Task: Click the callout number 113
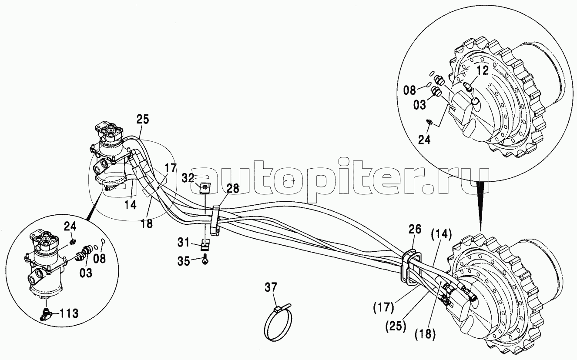[x=69, y=313]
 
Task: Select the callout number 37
[x=271, y=287]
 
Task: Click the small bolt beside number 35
[x=205, y=259]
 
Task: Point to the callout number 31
[x=183, y=243]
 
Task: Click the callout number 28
[x=233, y=189]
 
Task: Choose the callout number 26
[x=415, y=229]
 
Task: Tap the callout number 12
[x=482, y=70]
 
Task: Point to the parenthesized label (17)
[x=383, y=308]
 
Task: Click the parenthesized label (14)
[x=442, y=234]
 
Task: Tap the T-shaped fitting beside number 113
[x=47, y=313]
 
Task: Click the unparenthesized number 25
[x=143, y=119]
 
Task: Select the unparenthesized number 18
[x=147, y=223]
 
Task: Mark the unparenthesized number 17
[x=170, y=168]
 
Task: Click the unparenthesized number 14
[x=131, y=205]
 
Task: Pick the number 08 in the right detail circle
[x=410, y=90]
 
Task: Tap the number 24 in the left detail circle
[x=70, y=227]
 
